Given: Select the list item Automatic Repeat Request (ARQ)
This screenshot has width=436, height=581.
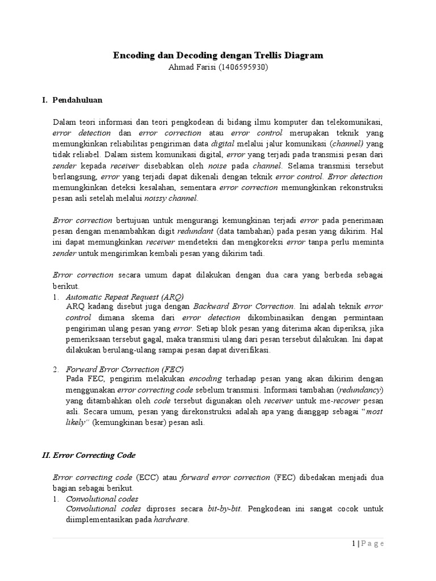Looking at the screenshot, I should tap(125, 297).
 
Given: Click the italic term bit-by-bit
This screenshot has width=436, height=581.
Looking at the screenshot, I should tap(225, 508).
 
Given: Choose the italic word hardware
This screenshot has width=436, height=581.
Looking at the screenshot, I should tap(170, 519).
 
